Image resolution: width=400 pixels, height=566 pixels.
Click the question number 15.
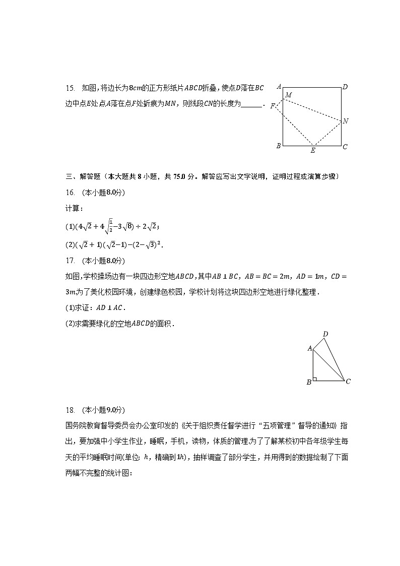click(70, 88)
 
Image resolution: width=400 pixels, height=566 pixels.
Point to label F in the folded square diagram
click(273, 106)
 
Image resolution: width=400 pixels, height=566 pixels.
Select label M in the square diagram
click(288, 95)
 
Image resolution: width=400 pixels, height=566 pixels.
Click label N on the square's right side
click(346, 121)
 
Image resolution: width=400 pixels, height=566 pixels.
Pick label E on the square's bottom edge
click(313, 150)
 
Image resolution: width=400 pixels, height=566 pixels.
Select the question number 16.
click(70, 193)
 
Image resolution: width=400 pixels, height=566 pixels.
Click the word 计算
click(74, 209)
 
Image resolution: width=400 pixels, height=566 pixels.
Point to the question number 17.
click(70, 261)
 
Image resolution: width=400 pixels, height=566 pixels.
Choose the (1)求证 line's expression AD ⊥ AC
click(108, 308)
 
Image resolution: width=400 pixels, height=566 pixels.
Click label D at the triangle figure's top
click(325, 334)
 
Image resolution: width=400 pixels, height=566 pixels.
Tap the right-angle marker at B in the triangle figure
click(315, 379)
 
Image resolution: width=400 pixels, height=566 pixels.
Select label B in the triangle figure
click(309, 382)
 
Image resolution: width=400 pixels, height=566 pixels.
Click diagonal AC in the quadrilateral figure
click(328, 364)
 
